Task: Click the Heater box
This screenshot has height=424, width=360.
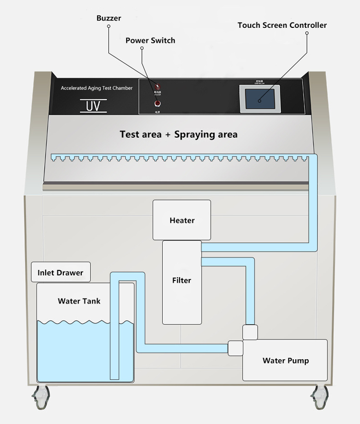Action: click(182, 220)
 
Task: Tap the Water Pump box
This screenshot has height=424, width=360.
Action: click(285, 361)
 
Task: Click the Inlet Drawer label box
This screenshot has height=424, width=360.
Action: click(60, 273)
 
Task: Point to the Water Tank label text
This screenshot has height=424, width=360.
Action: click(79, 301)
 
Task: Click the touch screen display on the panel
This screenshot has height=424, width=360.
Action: click(259, 100)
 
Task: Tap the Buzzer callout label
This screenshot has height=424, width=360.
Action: click(108, 18)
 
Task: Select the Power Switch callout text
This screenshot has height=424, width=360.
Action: click(150, 40)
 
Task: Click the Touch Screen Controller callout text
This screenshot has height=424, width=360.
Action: click(282, 25)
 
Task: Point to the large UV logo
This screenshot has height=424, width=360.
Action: click(93, 106)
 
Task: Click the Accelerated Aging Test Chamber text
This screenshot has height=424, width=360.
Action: click(96, 88)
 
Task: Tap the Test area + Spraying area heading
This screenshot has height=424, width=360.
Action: click(179, 134)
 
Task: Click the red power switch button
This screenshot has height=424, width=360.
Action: click(157, 103)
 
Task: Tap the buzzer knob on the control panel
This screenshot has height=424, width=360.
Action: click(156, 86)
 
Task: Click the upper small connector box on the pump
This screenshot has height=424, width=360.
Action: click(250, 332)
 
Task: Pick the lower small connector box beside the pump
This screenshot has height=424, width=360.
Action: click(235, 348)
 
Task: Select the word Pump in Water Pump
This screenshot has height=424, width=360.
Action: click(299, 361)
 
